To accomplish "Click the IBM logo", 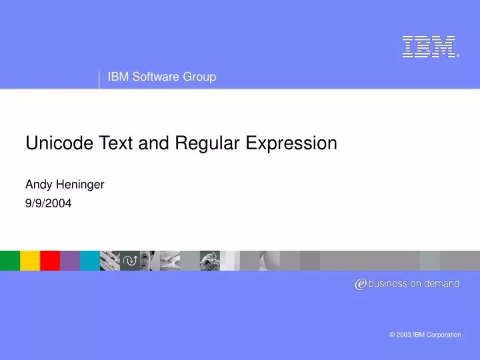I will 430,47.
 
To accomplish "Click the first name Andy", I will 37,185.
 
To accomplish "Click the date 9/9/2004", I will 48,203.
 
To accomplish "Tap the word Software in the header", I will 154,77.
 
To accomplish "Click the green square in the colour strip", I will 10,260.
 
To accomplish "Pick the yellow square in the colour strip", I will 30,260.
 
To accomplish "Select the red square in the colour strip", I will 50,260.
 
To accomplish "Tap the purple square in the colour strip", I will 70,260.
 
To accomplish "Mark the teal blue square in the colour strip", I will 90,260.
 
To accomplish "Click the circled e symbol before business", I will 361,284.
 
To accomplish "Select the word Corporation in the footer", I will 443,335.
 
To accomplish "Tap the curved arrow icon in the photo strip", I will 130,260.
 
